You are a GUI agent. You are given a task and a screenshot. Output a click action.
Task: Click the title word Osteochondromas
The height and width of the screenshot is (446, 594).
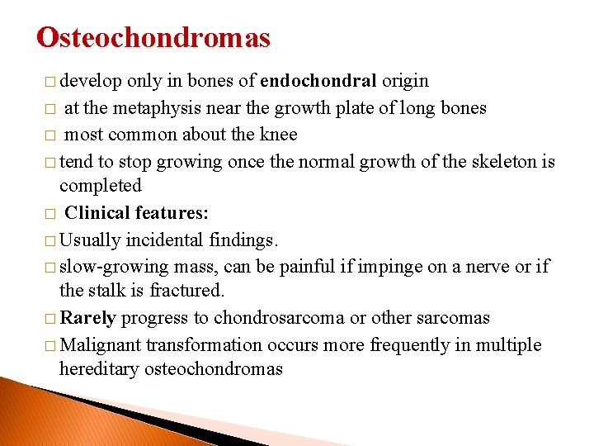click(x=153, y=38)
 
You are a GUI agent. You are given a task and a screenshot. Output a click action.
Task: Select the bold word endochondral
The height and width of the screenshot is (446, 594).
click(x=318, y=81)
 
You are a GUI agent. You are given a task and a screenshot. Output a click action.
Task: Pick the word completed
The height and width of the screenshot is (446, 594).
click(x=101, y=186)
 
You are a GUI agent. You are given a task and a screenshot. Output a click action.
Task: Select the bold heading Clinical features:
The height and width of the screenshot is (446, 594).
click(x=136, y=212)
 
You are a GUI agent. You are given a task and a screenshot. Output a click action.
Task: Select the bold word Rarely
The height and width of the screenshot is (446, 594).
click(x=87, y=318)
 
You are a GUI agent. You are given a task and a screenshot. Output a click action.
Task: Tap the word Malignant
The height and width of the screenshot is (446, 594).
click(x=101, y=344)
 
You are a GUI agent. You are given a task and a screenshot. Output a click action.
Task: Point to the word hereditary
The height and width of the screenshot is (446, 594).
click(x=99, y=369)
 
